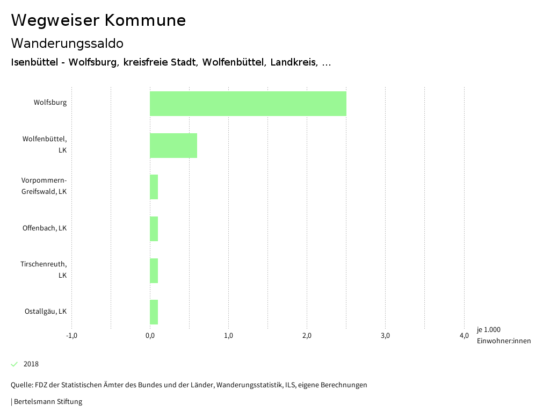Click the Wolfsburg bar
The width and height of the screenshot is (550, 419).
click(x=248, y=104)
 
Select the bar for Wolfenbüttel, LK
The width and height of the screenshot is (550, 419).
click(x=173, y=146)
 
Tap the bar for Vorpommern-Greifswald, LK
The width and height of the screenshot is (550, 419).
click(x=154, y=187)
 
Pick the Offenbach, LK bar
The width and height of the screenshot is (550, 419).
click(x=154, y=229)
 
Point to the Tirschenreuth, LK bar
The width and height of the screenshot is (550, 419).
click(x=154, y=270)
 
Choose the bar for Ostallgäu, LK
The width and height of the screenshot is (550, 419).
click(x=154, y=312)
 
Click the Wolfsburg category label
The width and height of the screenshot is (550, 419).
click(x=50, y=102)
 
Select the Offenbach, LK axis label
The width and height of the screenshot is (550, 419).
click(x=45, y=228)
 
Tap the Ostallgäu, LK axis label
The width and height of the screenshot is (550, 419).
click(x=46, y=312)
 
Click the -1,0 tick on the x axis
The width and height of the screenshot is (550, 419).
click(x=71, y=336)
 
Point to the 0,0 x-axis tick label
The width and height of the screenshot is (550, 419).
click(x=150, y=336)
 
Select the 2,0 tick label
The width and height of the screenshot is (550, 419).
click(x=307, y=336)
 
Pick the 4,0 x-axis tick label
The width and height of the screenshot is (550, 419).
click(x=464, y=336)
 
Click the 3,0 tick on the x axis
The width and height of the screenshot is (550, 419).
click(x=385, y=336)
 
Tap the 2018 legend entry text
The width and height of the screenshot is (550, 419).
click(x=31, y=364)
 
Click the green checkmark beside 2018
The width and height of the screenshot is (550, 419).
click(x=15, y=364)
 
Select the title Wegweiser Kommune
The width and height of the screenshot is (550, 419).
click(x=98, y=20)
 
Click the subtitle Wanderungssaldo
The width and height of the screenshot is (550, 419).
click(x=67, y=43)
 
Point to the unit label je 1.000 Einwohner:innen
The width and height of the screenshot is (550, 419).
click(x=503, y=335)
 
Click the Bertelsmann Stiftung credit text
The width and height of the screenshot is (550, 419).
click(x=47, y=401)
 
